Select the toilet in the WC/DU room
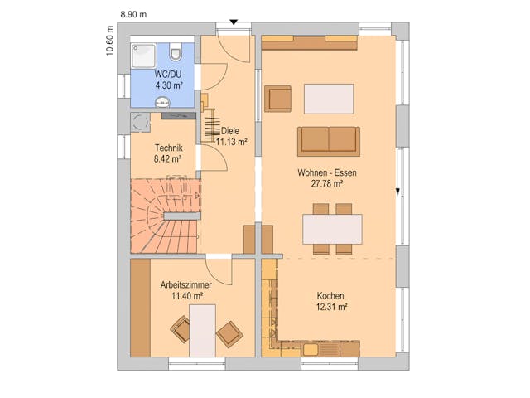pyautogui.click(x=175, y=54)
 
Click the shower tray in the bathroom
pyautogui.click(x=146, y=55)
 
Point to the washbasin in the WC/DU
pyautogui.click(x=161, y=103)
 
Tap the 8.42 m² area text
pyautogui.click(x=167, y=158)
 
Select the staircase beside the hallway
pyautogui.click(x=166, y=216)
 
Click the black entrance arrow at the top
pyautogui.click(x=234, y=22)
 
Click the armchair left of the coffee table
pyautogui.click(x=279, y=98)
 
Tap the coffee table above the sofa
pyautogui.click(x=329, y=98)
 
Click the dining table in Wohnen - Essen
pyautogui.click(x=332, y=228)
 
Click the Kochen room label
pyautogui.click(x=330, y=296)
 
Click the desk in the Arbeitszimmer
pyautogui.click(x=202, y=330)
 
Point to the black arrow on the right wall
pyautogui.click(x=398, y=192)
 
